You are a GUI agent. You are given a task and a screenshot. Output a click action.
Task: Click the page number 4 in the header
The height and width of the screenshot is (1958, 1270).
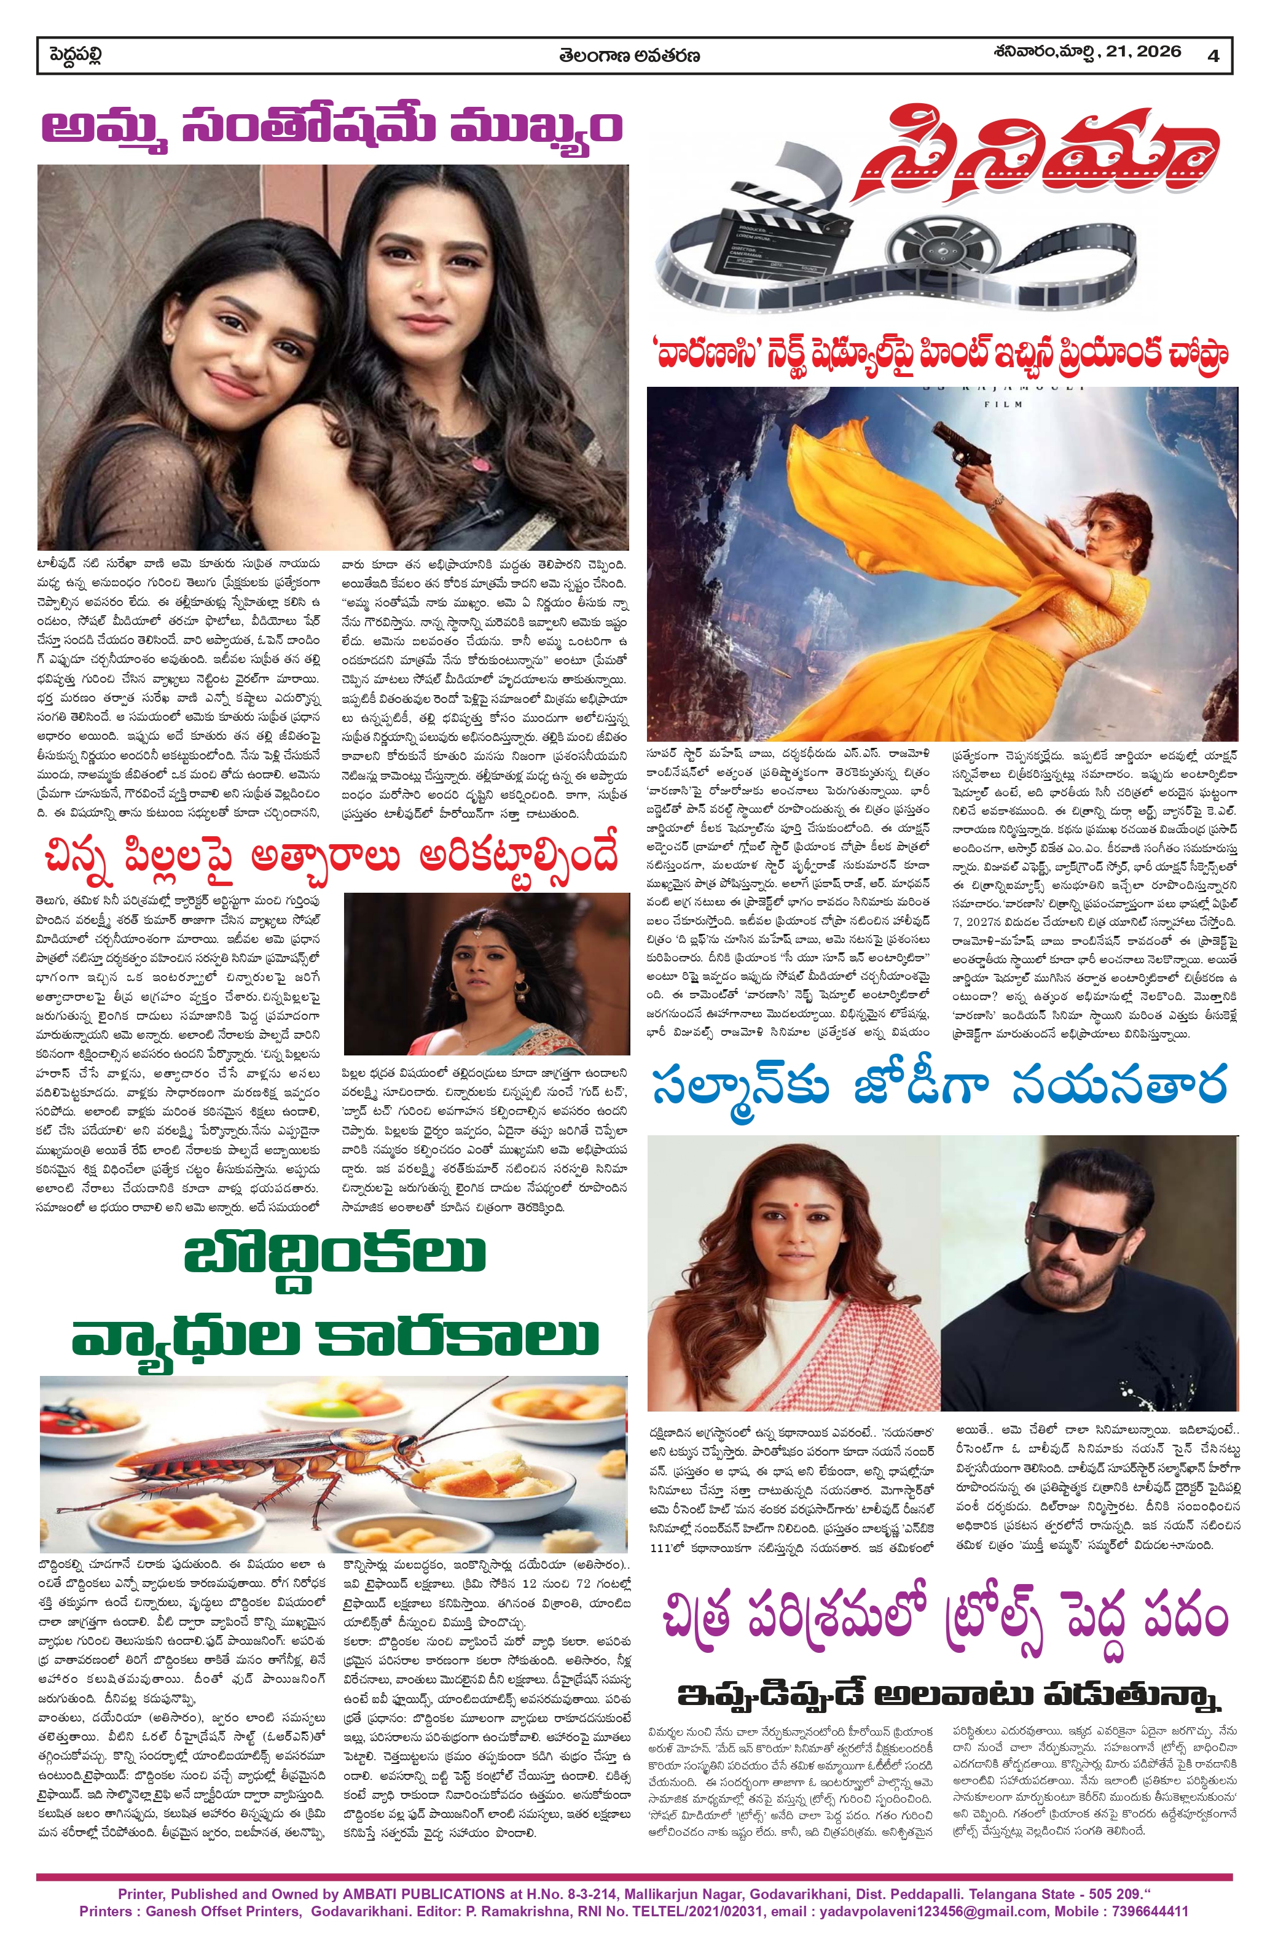tap(1213, 56)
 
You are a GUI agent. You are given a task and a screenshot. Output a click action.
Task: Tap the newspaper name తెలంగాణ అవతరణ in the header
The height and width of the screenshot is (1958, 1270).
tap(630, 56)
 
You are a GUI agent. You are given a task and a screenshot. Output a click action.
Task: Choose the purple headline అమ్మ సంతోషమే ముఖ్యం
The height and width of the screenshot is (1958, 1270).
tap(332, 128)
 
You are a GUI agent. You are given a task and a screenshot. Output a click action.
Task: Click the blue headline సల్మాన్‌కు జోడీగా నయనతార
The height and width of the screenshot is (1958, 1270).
tap(939, 1086)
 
